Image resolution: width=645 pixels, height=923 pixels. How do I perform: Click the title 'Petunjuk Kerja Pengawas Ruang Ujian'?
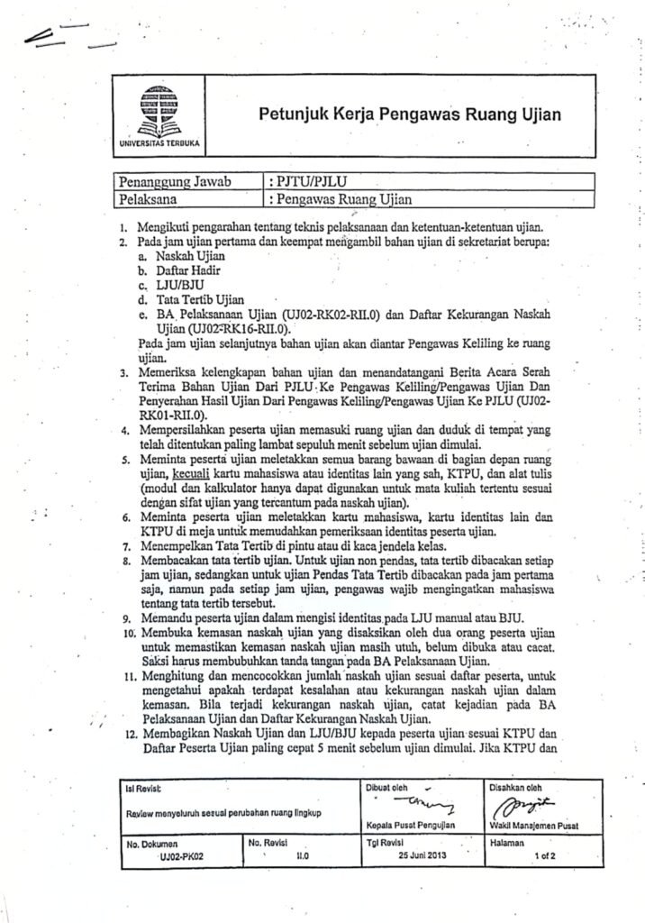[410, 114]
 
